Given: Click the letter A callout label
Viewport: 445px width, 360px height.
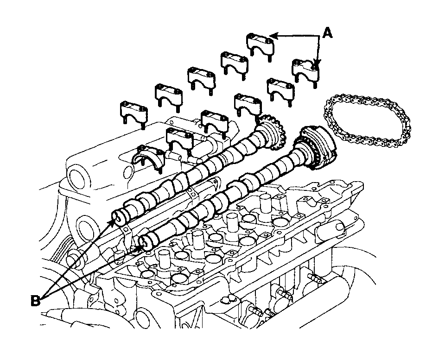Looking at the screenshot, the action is [328, 33].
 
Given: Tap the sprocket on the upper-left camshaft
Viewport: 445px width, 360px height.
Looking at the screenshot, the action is [272, 131].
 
